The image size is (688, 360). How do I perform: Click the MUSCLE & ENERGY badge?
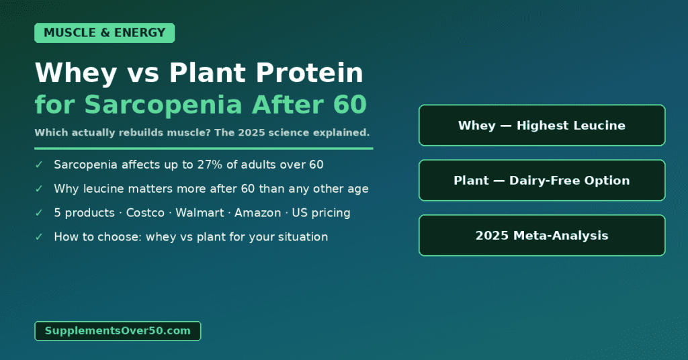click(104, 33)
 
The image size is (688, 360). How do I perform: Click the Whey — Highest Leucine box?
click(542, 126)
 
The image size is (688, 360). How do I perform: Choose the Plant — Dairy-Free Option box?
click(542, 181)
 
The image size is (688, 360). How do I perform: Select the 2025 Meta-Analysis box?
click(542, 236)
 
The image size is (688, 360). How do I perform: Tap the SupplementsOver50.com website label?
click(118, 330)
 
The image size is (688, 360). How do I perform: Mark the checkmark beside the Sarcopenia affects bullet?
click(39, 165)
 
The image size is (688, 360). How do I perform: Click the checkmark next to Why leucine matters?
click(39, 189)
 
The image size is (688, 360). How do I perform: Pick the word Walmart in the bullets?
click(200, 213)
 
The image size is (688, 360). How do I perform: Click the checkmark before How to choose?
click(39, 237)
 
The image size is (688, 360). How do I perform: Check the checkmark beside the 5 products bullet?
click(39, 213)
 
